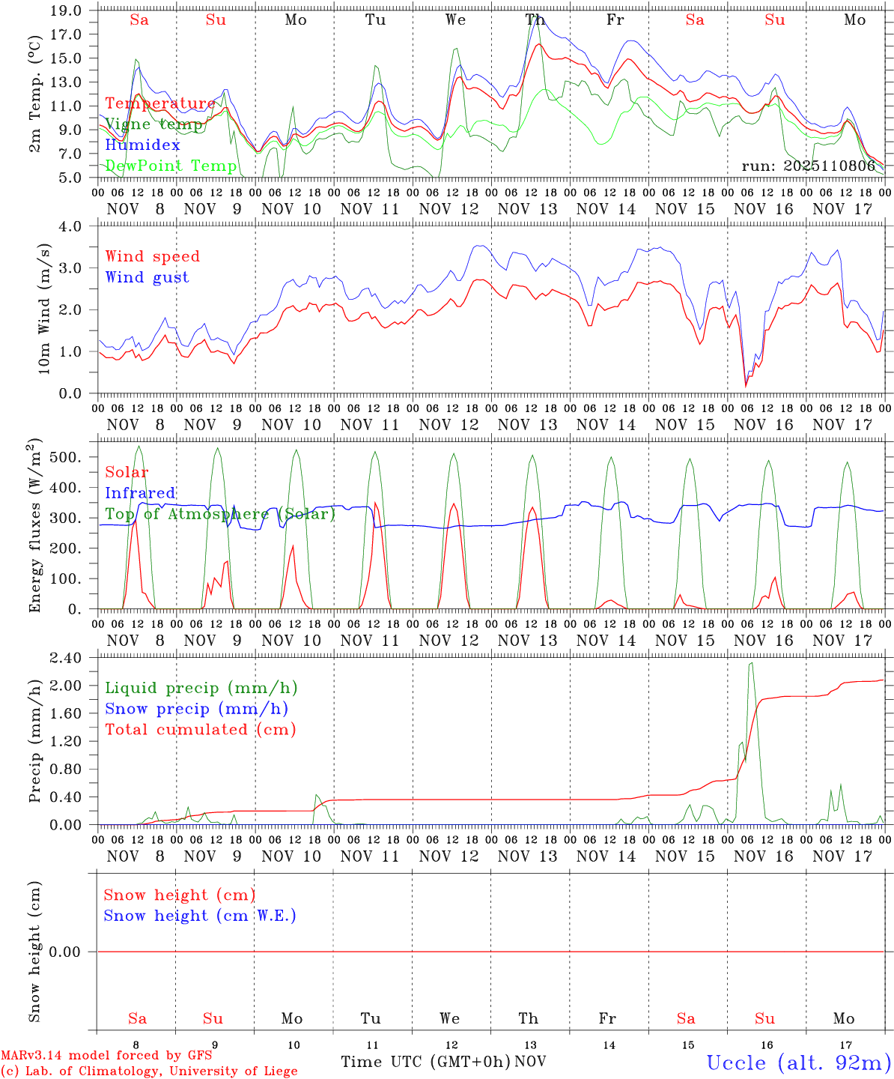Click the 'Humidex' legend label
[142, 145]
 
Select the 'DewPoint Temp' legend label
[171, 166]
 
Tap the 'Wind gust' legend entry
[147, 277]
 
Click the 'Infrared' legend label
[140, 493]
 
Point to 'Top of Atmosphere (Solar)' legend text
[220, 514]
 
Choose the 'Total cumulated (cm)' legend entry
[200, 729]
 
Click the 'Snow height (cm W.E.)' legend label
[200, 916]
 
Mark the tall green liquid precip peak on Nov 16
[751, 663]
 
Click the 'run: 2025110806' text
[808, 166]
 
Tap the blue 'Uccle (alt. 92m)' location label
[799, 1063]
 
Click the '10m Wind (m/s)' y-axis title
[44, 309]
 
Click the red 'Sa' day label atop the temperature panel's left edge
[139, 20]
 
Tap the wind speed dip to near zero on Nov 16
[746, 385]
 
